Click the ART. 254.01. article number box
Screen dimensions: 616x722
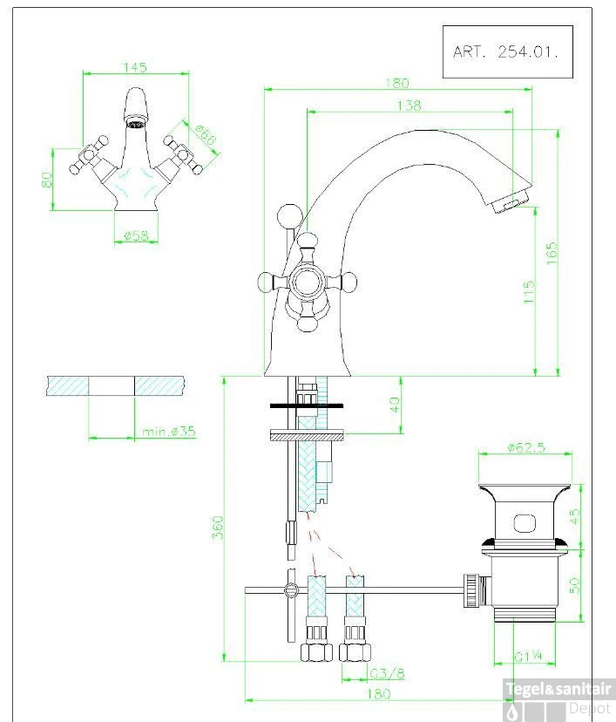pos(507,51)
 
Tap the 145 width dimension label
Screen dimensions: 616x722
pos(135,67)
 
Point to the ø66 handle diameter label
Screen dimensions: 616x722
pos(205,135)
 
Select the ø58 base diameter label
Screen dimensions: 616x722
pos(137,235)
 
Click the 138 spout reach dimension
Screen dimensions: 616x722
pos(409,106)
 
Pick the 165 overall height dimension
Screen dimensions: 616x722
pos(552,253)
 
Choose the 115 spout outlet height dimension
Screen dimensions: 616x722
pos(529,291)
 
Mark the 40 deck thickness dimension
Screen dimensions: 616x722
pos(395,405)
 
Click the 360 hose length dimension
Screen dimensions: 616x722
pos(218,527)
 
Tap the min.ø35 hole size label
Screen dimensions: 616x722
pos(169,432)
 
